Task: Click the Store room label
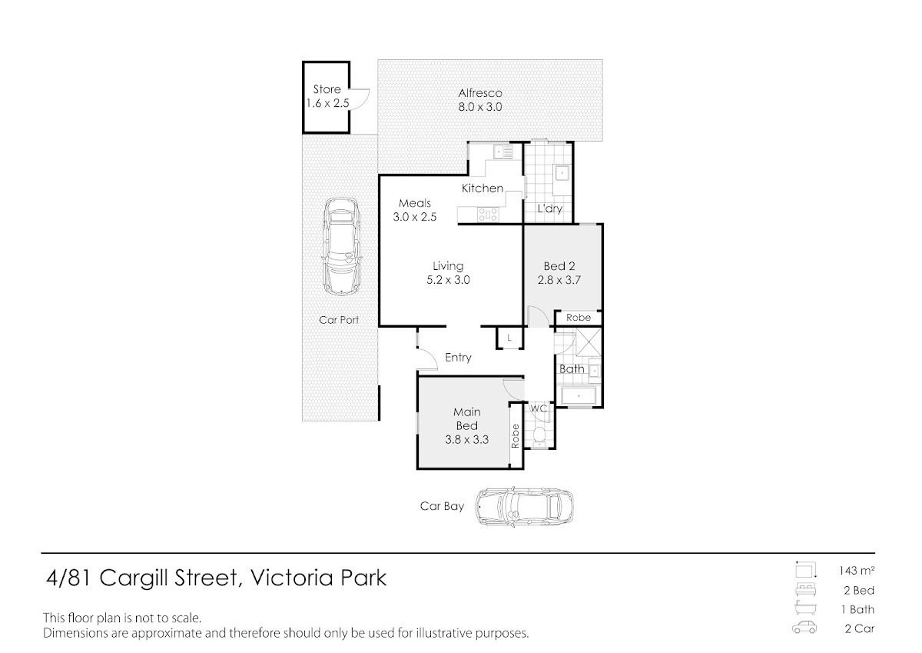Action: [327, 89]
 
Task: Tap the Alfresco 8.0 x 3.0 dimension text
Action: [480, 107]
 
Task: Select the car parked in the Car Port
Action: [342, 246]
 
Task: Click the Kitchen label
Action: [483, 188]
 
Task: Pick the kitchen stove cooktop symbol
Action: [488, 215]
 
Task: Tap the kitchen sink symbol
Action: [503, 152]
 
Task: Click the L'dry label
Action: [550, 208]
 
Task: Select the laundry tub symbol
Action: [562, 173]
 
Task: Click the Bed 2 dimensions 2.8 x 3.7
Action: [559, 280]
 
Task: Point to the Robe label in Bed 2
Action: [579, 317]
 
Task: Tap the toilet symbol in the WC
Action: [539, 436]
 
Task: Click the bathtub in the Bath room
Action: [579, 396]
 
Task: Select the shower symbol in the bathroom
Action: [589, 341]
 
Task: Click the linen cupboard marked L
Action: [509, 338]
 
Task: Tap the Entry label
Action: [458, 358]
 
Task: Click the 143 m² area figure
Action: [857, 570]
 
